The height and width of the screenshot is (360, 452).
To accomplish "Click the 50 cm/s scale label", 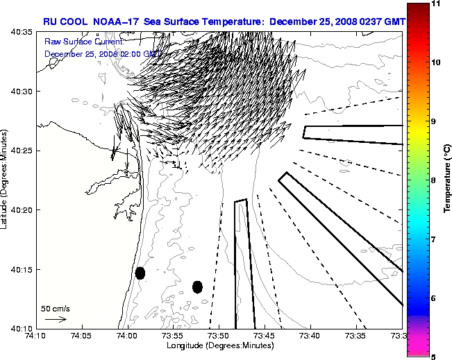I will coord(55,308).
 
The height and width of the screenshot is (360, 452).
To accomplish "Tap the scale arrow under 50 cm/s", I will coord(55,319).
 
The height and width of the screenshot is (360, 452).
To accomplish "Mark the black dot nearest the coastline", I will coord(140,273).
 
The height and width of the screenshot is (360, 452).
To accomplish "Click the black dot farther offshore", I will coord(197,286).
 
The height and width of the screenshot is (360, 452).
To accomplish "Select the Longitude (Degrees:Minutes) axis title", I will coord(218,345).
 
